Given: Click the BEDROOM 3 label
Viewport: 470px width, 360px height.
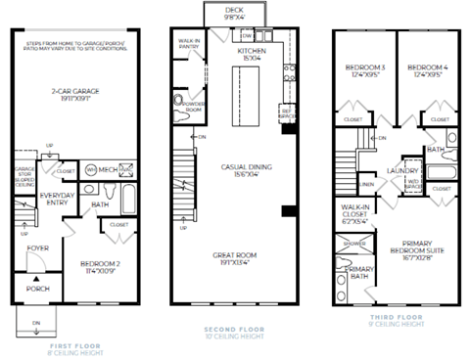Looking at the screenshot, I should tap(363, 68).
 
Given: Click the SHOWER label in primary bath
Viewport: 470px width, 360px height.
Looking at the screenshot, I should tap(353, 246).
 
